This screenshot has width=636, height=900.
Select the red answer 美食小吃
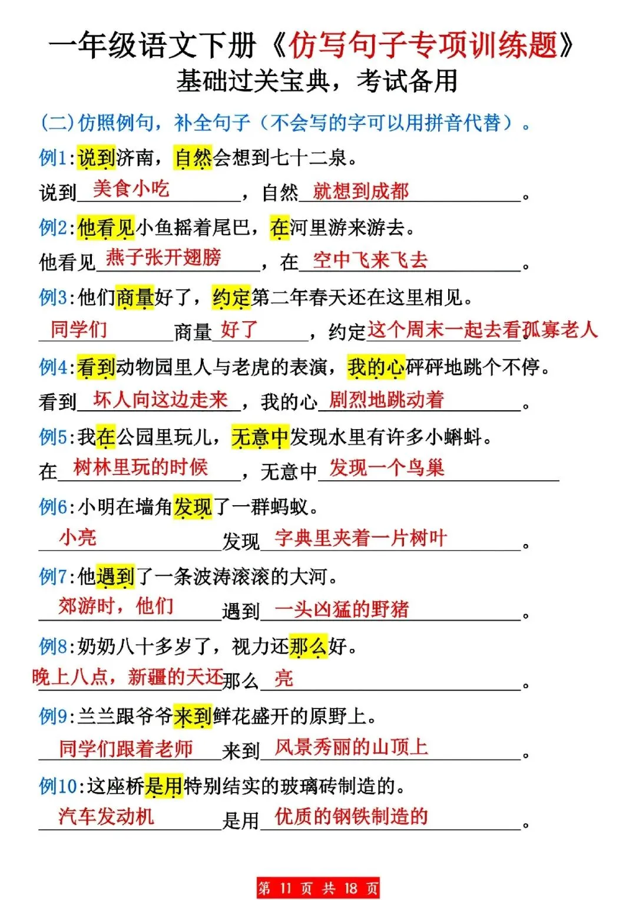tap(131, 189)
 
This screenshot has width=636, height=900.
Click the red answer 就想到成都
tap(360, 191)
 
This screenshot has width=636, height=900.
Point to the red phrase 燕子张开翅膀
tap(163, 257)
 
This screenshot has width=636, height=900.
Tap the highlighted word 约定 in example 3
tap(231, 298)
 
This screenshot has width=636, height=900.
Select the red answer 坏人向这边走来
tap(160, 400)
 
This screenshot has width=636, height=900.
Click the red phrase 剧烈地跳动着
tap(386, 400)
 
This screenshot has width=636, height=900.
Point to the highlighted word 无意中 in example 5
tap(260, 437)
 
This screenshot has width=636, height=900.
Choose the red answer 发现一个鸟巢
tap(386, 468)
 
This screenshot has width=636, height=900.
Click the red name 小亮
tap(77, 537)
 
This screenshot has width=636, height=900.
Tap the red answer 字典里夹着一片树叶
tap(360, 538)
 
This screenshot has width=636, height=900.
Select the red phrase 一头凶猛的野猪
tap(342, 609)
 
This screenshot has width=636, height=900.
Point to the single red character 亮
tap(283, 678)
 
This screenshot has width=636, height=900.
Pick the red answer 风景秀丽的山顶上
tap(351, 747)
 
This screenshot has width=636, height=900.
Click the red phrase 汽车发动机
tap(106, 816)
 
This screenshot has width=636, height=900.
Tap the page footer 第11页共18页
tap(318, 888)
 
